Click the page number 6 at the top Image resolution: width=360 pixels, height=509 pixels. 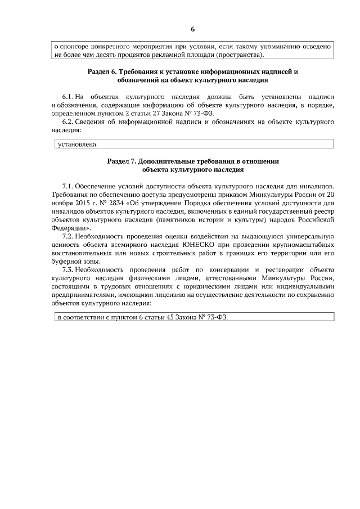coord(192,29)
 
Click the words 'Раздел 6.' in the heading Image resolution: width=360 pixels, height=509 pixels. coord(103,73)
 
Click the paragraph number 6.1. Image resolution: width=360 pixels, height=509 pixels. coord(68,96)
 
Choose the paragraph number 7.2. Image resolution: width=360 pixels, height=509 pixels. coord(68,236)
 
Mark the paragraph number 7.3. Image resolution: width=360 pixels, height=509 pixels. coord(68,270)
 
